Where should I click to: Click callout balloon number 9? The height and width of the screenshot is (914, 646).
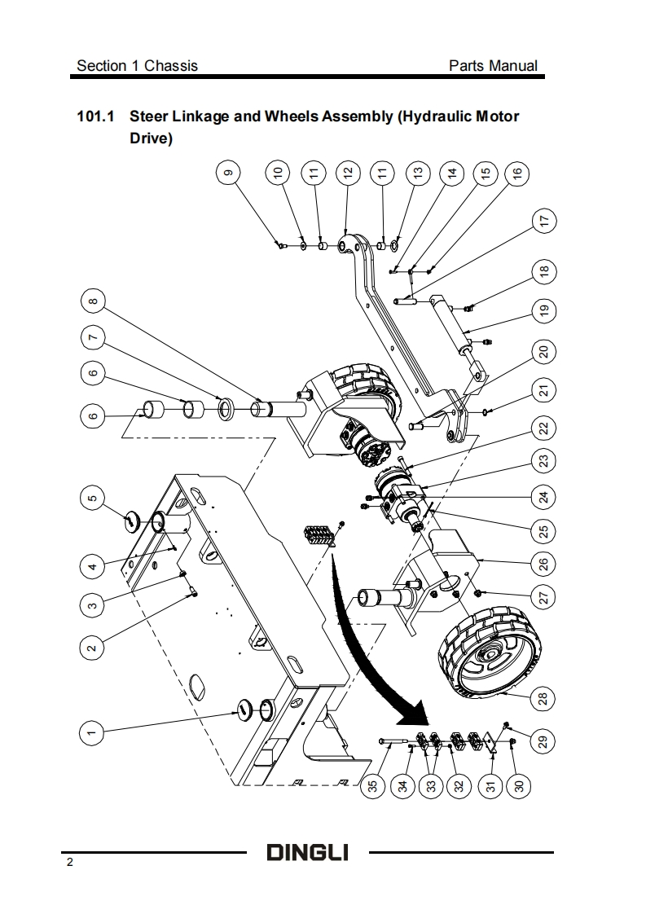coord(228,172)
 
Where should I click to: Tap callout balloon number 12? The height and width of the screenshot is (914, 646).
coord(348,172)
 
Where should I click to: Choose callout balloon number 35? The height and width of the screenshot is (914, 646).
coord(372,786)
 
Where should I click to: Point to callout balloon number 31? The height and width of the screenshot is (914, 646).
coord(491,786)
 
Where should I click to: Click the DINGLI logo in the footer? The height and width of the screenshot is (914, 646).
coord(308,854)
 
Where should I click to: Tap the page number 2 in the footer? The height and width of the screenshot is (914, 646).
coord(70,863)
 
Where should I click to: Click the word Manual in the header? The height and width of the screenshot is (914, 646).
coord(512,65)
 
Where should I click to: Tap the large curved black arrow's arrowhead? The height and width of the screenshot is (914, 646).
coord(415,714)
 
